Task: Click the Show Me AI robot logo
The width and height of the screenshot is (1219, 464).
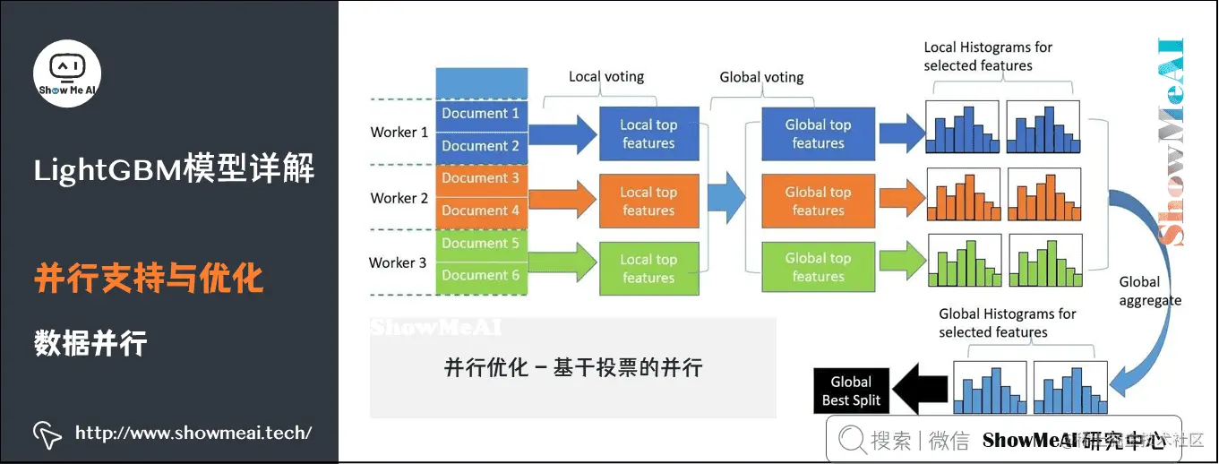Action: (67, 73)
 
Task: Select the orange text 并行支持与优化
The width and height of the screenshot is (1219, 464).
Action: (149, 279)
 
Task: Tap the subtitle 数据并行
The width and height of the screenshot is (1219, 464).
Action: (90, 343)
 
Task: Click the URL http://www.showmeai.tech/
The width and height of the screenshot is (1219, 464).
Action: (193, 434)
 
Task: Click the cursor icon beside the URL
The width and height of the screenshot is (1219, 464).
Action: (47, 434)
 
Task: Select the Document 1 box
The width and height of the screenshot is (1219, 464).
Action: (481, 114)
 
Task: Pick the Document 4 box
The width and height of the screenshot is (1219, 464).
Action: (481, 211)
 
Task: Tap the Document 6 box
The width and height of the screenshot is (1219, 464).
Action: (481, 276)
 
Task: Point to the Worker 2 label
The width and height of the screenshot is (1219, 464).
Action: (399, 198)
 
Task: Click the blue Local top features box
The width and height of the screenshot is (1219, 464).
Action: (648, 134)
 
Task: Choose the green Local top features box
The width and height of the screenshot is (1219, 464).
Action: (648, 269)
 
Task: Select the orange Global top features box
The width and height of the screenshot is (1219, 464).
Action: (818, 202)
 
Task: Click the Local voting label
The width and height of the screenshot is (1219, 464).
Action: (606, 77)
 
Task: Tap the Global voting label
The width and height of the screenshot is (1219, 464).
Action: (761, 78)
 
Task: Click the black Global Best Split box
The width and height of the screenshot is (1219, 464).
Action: (851, 391)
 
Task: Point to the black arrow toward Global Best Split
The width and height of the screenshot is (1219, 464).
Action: (920, 392)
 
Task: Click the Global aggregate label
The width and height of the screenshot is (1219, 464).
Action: (1149, 291)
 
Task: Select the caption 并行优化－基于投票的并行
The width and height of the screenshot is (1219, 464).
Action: (573, 367)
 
